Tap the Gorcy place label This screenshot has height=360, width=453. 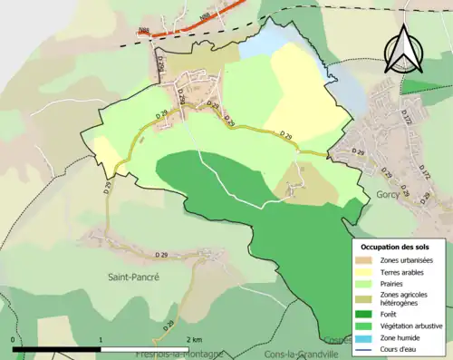(x=388, y=194)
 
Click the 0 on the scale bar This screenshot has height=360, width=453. (x=14, y=338)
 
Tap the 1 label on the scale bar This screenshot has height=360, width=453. (x=100, y=338)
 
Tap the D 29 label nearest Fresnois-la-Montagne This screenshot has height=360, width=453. (x=169, y=325)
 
